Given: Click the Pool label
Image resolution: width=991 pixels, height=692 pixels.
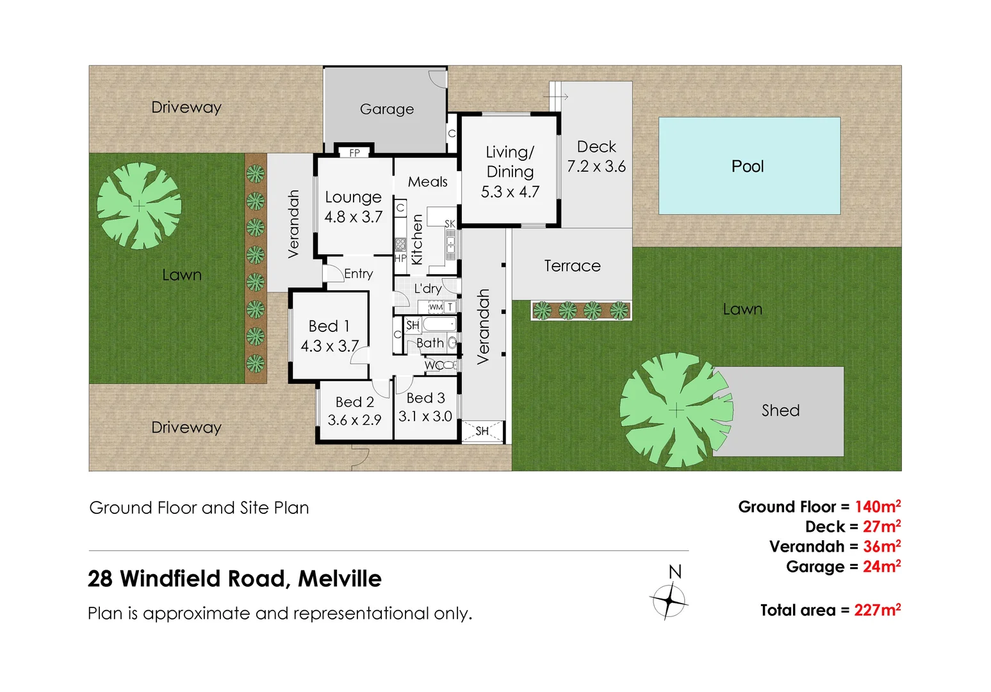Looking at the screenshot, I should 747,167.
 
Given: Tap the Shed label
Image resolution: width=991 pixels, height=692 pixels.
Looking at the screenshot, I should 780,411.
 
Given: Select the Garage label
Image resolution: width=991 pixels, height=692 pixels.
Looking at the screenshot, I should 386,110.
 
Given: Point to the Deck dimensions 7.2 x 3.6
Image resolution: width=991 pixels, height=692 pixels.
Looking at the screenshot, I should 596,167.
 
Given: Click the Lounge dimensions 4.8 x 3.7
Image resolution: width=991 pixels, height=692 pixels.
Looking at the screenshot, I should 353,217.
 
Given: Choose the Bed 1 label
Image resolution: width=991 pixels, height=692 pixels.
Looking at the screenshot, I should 329,326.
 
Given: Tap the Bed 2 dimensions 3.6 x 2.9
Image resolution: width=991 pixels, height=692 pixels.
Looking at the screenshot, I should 354,420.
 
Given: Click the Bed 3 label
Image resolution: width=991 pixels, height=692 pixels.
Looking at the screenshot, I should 425,398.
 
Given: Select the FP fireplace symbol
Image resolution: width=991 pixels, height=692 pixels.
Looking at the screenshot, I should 354,152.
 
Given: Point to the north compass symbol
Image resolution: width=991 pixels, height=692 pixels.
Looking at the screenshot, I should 669,601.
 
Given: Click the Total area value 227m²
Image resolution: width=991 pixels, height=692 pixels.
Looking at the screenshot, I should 877,610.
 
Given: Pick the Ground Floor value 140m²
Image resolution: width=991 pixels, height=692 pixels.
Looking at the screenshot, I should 878,507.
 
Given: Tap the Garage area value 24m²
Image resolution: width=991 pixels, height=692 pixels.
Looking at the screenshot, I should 881,566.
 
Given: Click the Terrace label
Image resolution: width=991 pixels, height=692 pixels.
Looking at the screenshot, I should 572,266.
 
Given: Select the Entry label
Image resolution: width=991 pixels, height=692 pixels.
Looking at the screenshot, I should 358,274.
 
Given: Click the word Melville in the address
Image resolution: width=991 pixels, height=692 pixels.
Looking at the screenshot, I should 340,579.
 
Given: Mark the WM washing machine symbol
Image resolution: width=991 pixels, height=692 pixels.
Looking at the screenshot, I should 436,307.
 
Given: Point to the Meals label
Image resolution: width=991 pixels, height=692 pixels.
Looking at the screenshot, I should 427,182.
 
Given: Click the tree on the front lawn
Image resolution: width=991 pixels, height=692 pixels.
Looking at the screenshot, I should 139,206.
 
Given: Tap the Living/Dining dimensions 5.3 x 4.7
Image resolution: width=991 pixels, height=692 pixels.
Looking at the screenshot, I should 510,192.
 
